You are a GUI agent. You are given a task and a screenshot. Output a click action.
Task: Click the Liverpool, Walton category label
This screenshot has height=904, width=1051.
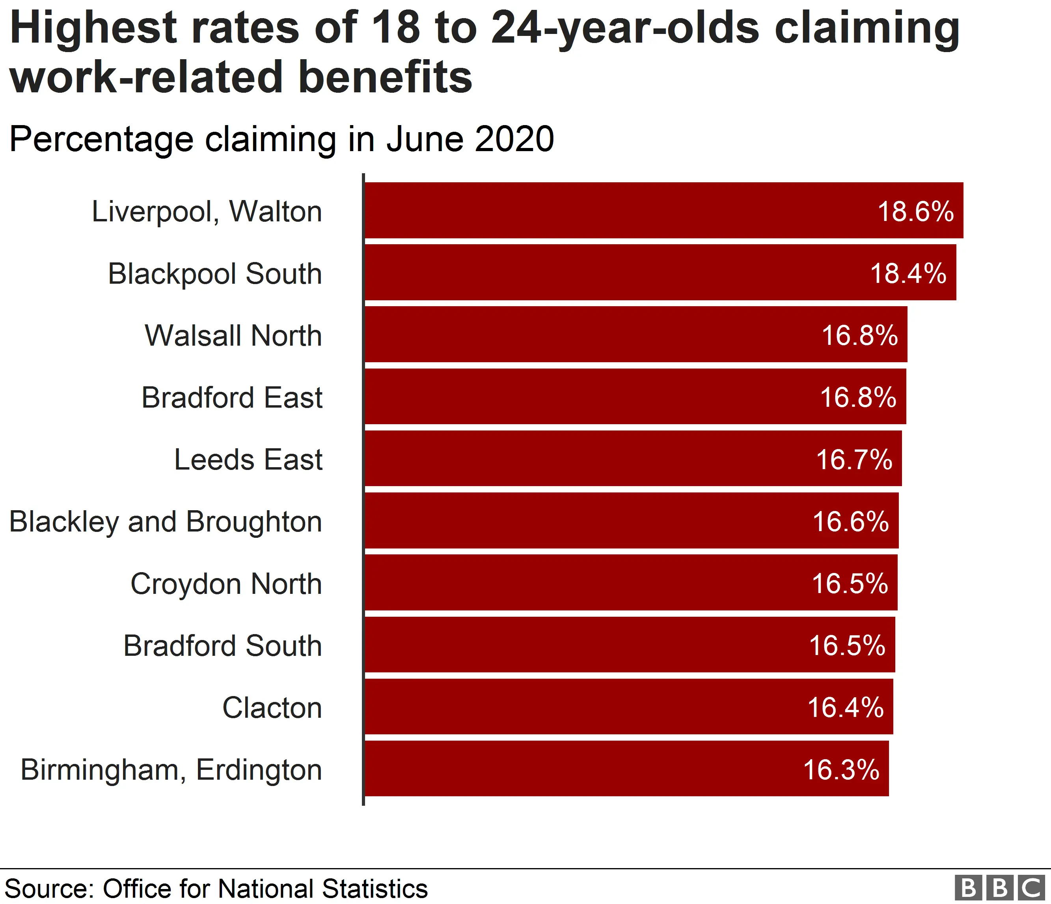pyautogui.click(x=207, y=211)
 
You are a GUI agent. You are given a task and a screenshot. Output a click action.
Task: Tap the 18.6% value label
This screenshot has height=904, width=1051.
pyautogui.click(x=915, y=211)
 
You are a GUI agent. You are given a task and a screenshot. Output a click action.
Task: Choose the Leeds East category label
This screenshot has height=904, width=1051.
pyautogui.click(x=248, y=459)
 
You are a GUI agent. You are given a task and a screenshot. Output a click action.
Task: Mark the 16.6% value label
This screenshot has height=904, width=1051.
pyautogui.click(x=851, y=522)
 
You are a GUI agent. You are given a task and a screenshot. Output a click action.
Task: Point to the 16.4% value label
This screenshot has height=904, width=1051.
pyautogui.click(x=846, y=707)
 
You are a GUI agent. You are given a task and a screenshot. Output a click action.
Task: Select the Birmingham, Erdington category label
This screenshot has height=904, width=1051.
pyautogui.click(x=171, y=769)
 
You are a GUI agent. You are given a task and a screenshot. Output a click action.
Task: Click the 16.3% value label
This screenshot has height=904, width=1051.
pyautogui.click(x=841, y=769)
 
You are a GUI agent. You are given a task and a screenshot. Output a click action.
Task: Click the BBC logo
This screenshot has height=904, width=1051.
pyautogui.click(x=999, y=888)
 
